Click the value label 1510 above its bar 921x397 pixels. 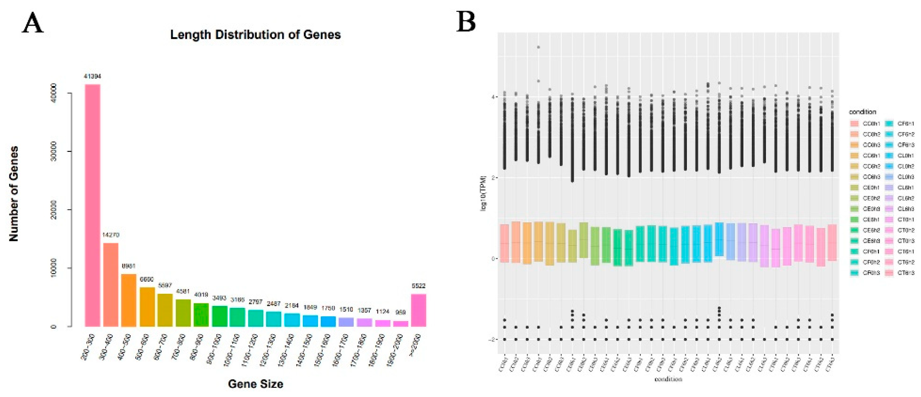tap(346, 310)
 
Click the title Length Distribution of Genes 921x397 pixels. tap(255, 35)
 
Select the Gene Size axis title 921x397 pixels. tap(255, 384)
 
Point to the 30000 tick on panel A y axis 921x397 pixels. tap(54, 151)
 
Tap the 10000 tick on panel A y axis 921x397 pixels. tap(54, 268)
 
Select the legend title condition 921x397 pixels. tap(862, 112)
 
